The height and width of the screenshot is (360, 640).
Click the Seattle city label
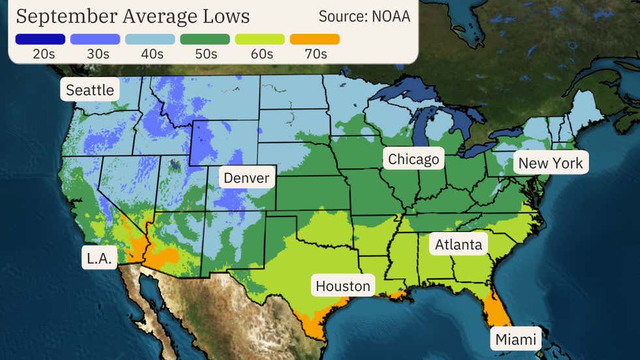point(90,90)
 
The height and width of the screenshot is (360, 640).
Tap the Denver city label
point(246,178)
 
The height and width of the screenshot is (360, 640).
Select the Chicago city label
point(413,159)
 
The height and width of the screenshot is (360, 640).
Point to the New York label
point(551,163)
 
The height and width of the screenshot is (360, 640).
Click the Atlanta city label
point(459,244)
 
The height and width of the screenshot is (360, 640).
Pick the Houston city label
point(343,286)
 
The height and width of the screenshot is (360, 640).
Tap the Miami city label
point(516,339)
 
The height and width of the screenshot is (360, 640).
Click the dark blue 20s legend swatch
point(40,39)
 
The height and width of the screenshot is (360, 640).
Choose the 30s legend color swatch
point(95,39)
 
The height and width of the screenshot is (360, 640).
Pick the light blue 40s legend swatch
point(150,39)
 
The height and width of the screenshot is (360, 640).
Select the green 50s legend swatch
point(205,39)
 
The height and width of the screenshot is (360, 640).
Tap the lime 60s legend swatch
point(260,39)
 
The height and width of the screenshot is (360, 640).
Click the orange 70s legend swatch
point(315,39)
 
